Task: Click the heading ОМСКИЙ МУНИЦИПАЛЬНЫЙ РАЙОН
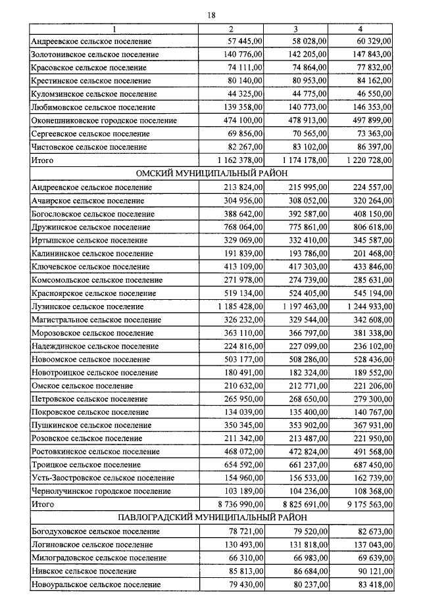tap(211, 174)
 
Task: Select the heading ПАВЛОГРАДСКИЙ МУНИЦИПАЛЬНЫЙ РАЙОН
tap(211, 517)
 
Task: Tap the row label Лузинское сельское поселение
tap(87, 306)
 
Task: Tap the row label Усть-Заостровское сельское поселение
tap(103, 478)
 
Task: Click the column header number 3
tap(295, 29)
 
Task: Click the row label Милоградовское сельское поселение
tap(99, 558)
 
